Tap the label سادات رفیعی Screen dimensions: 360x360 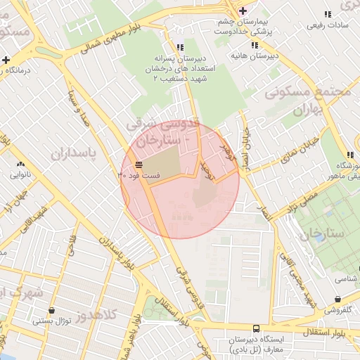coord(326,25)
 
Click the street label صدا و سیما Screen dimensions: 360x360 coord(79,111)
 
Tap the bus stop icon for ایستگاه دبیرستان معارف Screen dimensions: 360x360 coord(256,328)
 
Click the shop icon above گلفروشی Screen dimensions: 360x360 coord(345,297)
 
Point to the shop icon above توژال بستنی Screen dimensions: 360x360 coord(52,310)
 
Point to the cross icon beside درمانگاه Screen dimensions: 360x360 coord(6,60)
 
